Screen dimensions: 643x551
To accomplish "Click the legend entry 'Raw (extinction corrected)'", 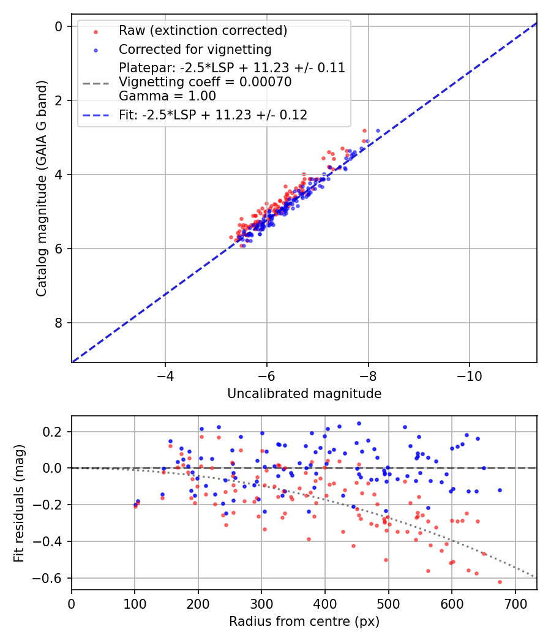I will point(203,31).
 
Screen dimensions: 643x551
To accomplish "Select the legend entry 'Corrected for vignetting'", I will point(195,49).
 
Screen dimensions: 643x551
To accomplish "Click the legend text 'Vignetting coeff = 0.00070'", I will point(205,82).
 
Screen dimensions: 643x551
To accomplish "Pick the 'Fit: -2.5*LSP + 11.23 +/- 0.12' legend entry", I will point(212,115).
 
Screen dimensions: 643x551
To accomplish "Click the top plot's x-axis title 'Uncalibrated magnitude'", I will point(304,394).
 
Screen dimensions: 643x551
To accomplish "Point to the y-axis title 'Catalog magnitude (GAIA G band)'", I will point(41,193).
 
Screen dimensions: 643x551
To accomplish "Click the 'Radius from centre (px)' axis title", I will point(304,622).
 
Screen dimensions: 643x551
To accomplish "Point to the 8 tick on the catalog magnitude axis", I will point(59,323).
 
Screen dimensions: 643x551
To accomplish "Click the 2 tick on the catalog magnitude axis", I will point(59,100).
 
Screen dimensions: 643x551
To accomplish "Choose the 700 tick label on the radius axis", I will point(515,604).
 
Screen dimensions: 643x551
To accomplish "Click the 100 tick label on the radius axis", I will point(135,604).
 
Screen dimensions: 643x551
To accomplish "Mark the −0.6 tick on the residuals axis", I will point(51,578).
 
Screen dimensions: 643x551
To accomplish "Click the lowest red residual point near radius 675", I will point(500,582).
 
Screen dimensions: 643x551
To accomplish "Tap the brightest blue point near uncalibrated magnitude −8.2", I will point(378,130).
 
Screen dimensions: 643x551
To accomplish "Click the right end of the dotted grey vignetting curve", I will point(535,577).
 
